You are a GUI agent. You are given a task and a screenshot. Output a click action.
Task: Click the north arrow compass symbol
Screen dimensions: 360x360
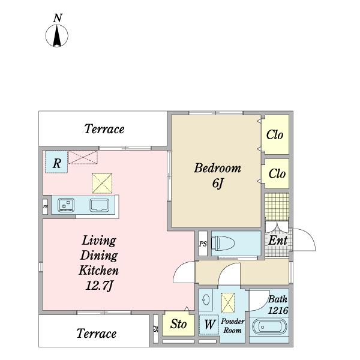[x=57, y=35]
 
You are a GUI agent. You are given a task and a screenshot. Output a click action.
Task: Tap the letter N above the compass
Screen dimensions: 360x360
[x=58, y=18]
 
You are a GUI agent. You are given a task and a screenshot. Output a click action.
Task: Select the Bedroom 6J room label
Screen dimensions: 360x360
[x=217, y=175]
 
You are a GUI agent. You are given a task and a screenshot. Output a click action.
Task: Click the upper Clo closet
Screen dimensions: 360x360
[x=275, y=134]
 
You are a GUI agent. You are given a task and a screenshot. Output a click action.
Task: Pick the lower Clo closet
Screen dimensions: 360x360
[x=275, y=173]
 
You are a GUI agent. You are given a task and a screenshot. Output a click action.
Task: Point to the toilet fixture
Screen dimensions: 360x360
[x=223, y=244]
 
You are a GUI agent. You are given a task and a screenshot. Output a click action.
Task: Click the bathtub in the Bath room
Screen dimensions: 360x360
[x=269, y=327]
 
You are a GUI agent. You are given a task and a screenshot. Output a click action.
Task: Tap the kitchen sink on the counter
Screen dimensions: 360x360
[x=100, y=205]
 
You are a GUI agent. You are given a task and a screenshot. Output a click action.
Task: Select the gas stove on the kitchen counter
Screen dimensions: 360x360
[x=66, y=205]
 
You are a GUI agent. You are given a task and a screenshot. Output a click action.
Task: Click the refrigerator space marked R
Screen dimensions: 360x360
[x=56, y=162]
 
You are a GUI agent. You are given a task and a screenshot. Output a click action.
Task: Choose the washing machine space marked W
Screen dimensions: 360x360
[x=209, y=325]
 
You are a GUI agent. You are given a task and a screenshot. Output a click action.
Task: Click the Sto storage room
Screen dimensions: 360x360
[x=178, y=324]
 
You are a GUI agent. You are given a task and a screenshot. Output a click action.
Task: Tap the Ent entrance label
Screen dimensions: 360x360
[x=278, y=241]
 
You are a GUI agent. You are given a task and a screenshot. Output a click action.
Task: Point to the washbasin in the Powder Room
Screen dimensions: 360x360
[x=206, y=299]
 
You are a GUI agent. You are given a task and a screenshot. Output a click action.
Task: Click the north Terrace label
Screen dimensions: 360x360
[x=104, y=129]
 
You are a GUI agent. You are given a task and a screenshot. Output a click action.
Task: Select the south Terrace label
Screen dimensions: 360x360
[x=97, y=334]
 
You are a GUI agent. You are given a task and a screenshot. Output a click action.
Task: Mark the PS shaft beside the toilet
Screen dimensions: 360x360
[x=203, y=244]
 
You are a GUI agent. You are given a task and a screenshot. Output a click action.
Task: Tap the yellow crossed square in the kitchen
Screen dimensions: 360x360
[x=102, y=183]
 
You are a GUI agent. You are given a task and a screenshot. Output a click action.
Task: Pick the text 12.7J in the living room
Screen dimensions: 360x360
[x=99, y=286]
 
